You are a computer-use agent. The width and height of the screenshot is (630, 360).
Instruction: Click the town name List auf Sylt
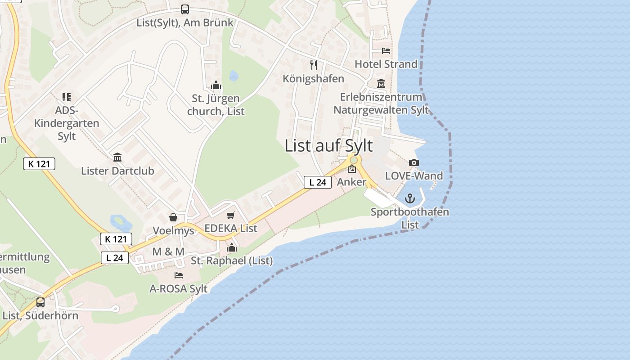pos(328,146)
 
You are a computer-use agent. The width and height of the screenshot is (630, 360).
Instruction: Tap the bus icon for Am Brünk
pos(184,9)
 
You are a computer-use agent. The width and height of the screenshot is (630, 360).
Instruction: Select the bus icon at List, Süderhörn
pos(40,302)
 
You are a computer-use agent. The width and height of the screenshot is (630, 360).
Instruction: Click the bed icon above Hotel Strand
pos(386,50)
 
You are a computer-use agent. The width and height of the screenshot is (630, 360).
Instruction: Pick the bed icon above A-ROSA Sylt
pos(179,275)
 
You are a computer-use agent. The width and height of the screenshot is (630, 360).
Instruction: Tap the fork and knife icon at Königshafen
pos(314,65)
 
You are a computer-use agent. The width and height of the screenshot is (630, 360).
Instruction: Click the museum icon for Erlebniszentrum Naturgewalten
pos(381,84)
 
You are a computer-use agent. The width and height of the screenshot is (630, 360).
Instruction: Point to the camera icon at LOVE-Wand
pos(414,162)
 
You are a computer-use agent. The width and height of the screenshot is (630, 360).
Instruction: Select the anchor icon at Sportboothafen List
pos(409,198)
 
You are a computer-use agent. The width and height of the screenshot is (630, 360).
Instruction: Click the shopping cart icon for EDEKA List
pos(231,215)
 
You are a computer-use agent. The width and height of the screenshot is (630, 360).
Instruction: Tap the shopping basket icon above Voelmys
pos(173,217)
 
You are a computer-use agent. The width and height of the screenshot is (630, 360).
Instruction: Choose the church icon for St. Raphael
pos(232,247)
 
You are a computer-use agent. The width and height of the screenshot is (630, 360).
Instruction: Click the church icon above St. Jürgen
pos(216,85)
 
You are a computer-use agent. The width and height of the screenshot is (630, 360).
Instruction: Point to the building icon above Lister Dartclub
pos(117,157)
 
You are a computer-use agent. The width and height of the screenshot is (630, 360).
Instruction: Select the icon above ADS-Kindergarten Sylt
pos(67,97)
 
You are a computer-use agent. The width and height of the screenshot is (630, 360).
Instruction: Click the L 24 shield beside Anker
pos(318,182)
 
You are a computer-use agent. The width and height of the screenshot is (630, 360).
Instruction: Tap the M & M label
pos(168,252)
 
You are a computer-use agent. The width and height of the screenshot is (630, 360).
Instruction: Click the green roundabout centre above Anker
pos(354,160)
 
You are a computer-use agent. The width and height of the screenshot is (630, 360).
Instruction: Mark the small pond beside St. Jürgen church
pos(234,76)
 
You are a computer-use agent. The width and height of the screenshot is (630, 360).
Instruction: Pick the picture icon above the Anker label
pos(352,169)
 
